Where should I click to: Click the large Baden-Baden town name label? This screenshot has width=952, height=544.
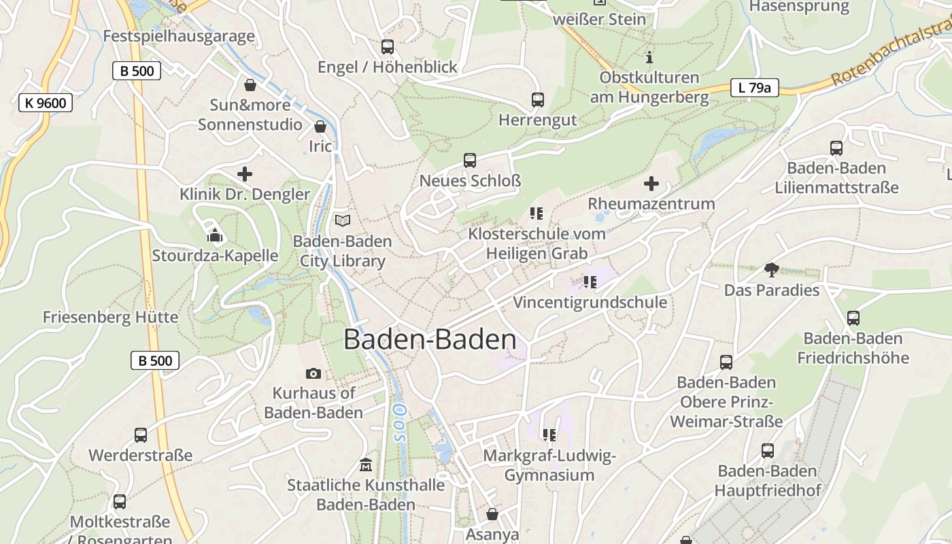tap(430, 339)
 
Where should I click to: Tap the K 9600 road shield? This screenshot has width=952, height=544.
tap(46, 103)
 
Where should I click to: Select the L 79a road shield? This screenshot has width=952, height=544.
tap(754, 88)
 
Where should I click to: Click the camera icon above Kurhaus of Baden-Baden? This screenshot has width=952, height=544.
tap(313, 373)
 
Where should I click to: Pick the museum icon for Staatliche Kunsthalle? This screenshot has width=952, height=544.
tap(366, 465)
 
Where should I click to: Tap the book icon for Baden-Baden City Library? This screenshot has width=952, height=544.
tap(343, 221)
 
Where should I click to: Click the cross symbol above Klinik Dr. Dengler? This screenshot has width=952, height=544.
tap(245, 174)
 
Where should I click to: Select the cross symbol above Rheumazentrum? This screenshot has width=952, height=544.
tap(651, 184)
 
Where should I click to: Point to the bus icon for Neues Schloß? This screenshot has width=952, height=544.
tap(470, 160)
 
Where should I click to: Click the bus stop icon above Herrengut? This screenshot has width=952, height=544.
tap(538, 100)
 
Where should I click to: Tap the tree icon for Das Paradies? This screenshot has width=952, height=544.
tap(771, 270)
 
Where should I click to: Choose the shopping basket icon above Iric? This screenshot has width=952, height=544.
tap(320, 126)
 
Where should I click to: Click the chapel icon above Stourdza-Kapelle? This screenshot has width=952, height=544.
tap(215, 235)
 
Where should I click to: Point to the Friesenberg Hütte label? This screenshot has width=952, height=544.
tap(111, 318)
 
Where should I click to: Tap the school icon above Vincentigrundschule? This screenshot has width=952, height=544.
tap(590, 282)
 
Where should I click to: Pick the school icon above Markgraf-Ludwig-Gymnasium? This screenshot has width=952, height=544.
tap(549, 435)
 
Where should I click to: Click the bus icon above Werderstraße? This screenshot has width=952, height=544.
tap(141, 435)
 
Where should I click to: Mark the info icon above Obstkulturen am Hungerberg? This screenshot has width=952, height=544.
tap(649, 57)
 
